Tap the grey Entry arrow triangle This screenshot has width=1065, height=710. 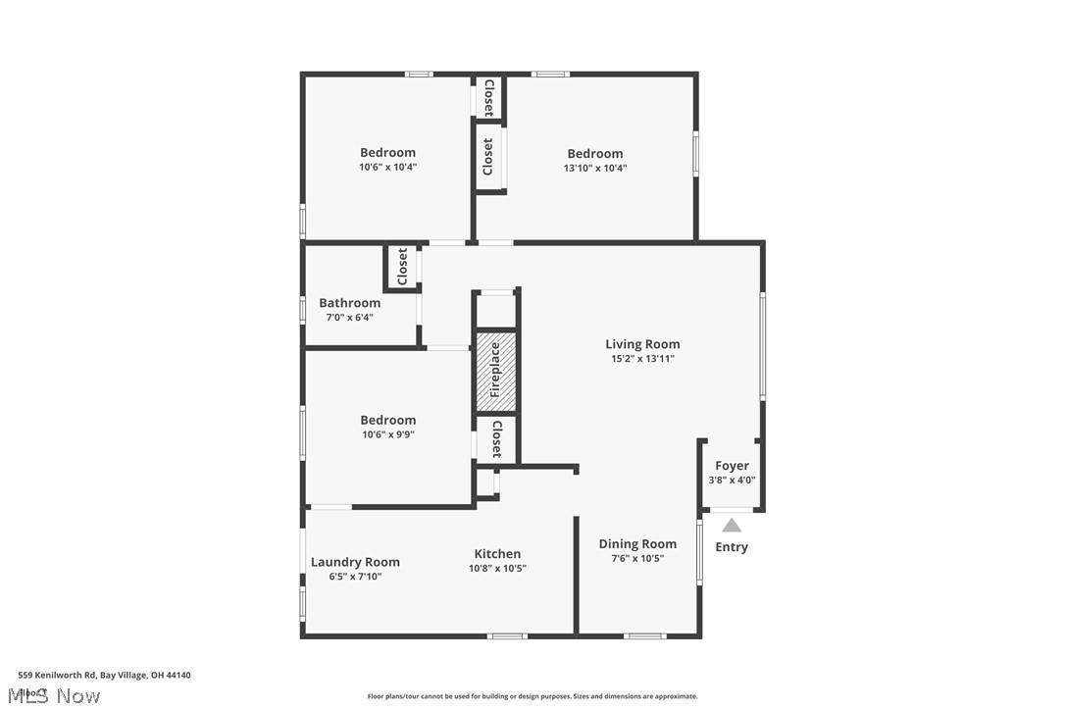pos(732,525)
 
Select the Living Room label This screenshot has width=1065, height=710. pos(641,344)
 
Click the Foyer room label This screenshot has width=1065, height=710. pos(732,466)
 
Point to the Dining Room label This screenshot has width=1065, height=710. pos(637,544)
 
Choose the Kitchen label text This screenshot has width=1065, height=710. pos(497,554)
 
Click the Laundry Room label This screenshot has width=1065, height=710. pos(355,562)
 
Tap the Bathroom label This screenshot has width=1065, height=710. pos(349,303)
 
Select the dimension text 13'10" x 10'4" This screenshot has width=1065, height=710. pos(594,168)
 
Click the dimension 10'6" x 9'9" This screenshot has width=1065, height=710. pos(387,434)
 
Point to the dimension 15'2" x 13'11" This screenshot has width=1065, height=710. pos(641,359)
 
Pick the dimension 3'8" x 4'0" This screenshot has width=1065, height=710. pos(732,481)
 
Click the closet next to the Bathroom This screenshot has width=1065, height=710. pos(402,267)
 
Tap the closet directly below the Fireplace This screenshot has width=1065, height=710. pos(496,438)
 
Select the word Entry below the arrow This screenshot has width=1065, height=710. pos(732,547)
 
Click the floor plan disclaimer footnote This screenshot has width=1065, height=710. pos(532,696)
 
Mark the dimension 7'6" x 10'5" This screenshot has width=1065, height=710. pos(637,559)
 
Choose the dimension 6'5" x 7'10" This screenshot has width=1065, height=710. pos(355,577)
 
